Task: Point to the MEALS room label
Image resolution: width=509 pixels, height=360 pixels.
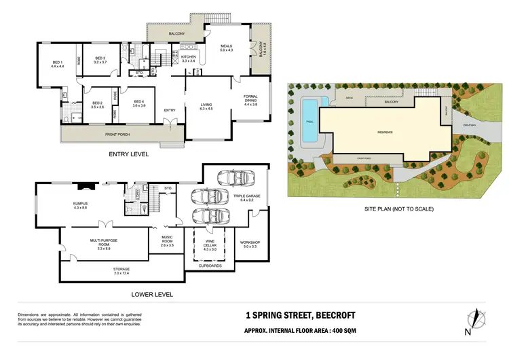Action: (x=226, y=48)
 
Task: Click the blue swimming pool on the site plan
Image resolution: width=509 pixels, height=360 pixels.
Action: (x=309, y=121)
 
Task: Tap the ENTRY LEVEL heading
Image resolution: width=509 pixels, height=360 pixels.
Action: (x=128, y=154)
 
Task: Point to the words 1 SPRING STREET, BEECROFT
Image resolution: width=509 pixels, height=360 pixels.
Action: (x=301, y=315)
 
